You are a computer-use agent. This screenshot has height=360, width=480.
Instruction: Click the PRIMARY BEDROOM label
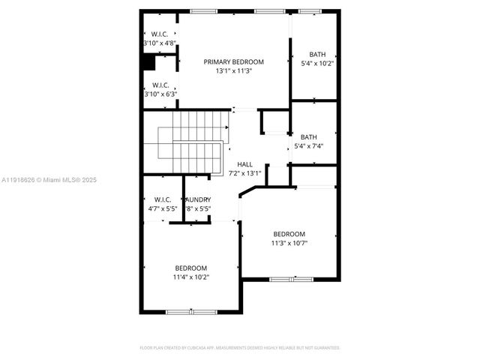234,61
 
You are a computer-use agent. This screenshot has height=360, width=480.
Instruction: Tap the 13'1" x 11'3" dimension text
234,70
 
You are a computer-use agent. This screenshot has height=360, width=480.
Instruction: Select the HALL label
244,164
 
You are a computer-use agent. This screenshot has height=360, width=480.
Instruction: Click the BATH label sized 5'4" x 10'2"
318,54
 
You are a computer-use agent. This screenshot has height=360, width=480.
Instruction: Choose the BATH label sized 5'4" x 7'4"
308,137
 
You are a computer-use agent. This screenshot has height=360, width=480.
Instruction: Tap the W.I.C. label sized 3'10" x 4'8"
159,34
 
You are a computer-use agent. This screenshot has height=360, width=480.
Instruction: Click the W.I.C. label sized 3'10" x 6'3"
160,85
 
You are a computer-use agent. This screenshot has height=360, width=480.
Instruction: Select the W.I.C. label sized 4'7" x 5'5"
162,199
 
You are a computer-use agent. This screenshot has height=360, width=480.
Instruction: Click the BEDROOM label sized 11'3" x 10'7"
289,234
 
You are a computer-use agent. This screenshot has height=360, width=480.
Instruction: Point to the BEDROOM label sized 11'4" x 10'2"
191,268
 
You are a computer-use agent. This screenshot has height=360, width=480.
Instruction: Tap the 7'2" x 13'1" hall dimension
244,173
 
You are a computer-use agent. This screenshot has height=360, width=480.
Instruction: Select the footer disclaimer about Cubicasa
240,348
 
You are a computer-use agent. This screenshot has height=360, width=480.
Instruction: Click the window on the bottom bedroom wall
191,311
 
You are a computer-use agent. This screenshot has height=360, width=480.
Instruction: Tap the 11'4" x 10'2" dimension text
191,277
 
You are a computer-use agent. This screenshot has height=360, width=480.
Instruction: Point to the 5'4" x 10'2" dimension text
317,63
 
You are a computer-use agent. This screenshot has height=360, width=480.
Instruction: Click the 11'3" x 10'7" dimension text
289,243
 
